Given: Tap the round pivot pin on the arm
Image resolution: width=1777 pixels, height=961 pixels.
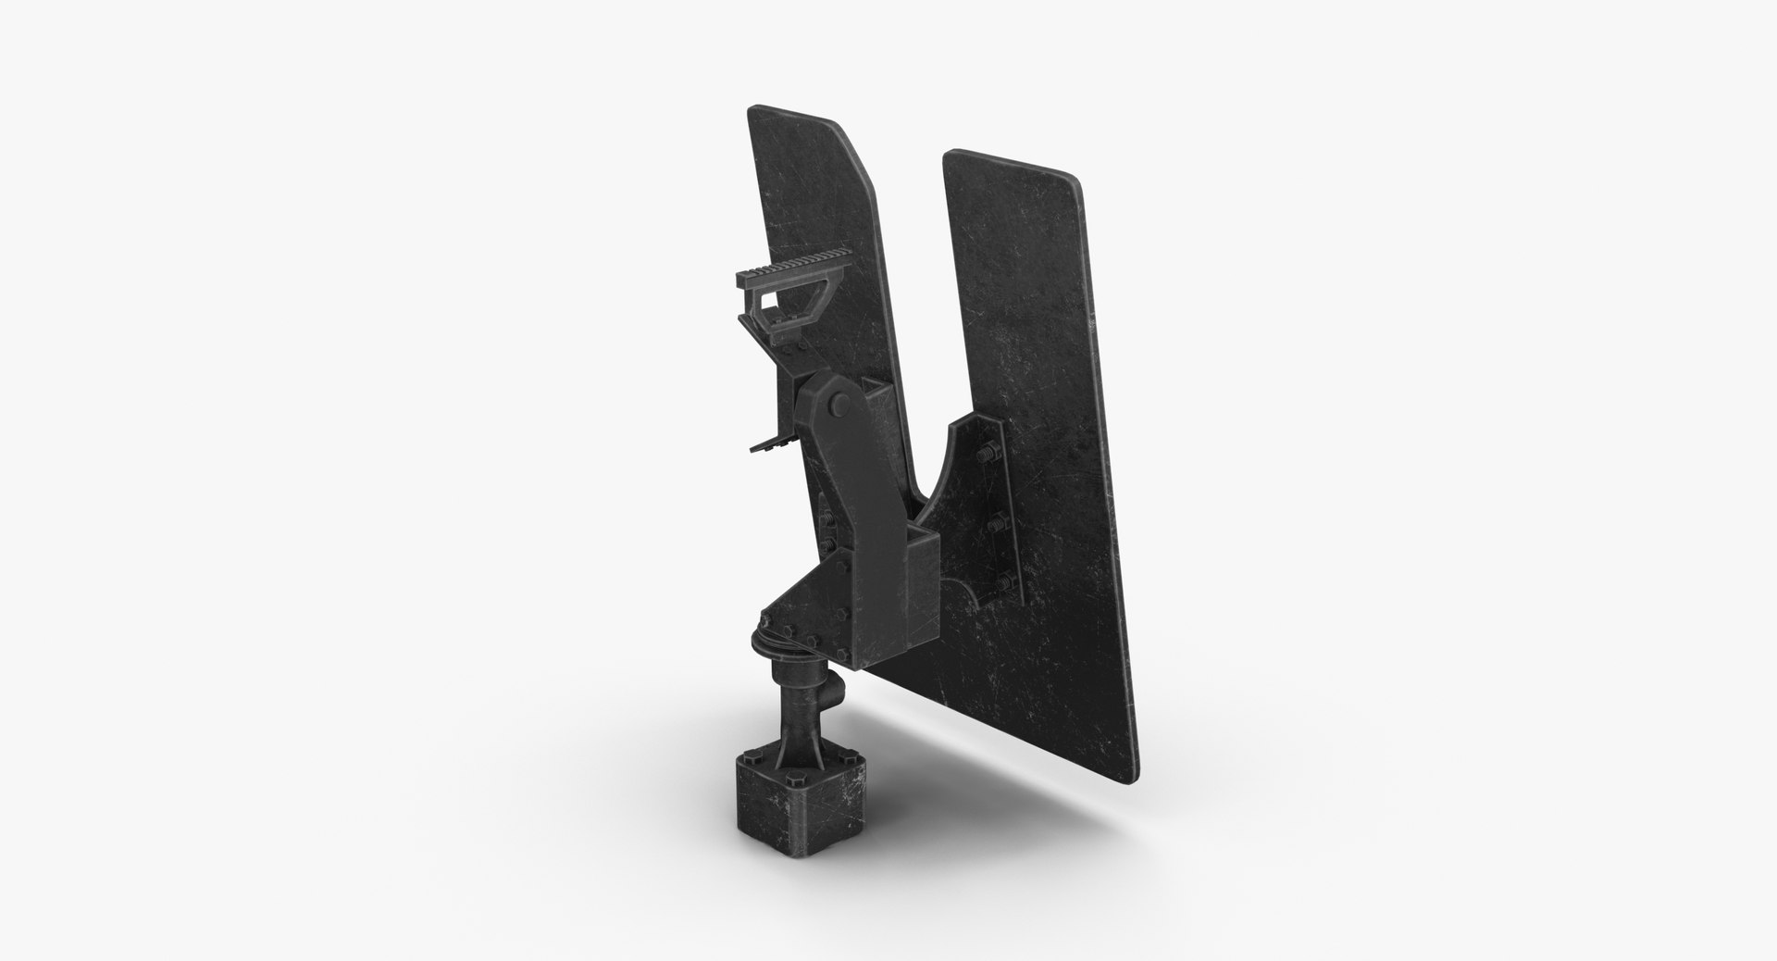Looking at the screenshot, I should (840, 403).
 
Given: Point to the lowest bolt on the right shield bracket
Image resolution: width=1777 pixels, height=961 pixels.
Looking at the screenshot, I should (1004, 582).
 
